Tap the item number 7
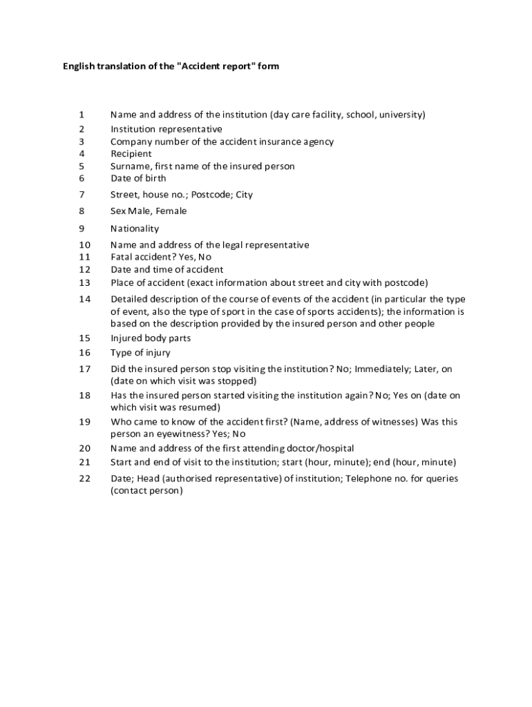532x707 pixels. (x=82, y=195)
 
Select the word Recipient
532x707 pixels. (x=131, y=154)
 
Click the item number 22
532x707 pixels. (x=84, y=479)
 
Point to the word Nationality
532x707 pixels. (x=135, y=229)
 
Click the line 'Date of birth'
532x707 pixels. (x=138, y=178)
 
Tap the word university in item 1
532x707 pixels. (x=401, y=115)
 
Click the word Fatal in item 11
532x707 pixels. (x=122, y=257)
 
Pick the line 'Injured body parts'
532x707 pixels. (x=151, y=338)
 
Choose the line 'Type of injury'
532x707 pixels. (x=140, y=353)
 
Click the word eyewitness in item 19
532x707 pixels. (x=178, y=434)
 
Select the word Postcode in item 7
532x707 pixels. (x=211, y=195)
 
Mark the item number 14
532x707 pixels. (x=84, y=300)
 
